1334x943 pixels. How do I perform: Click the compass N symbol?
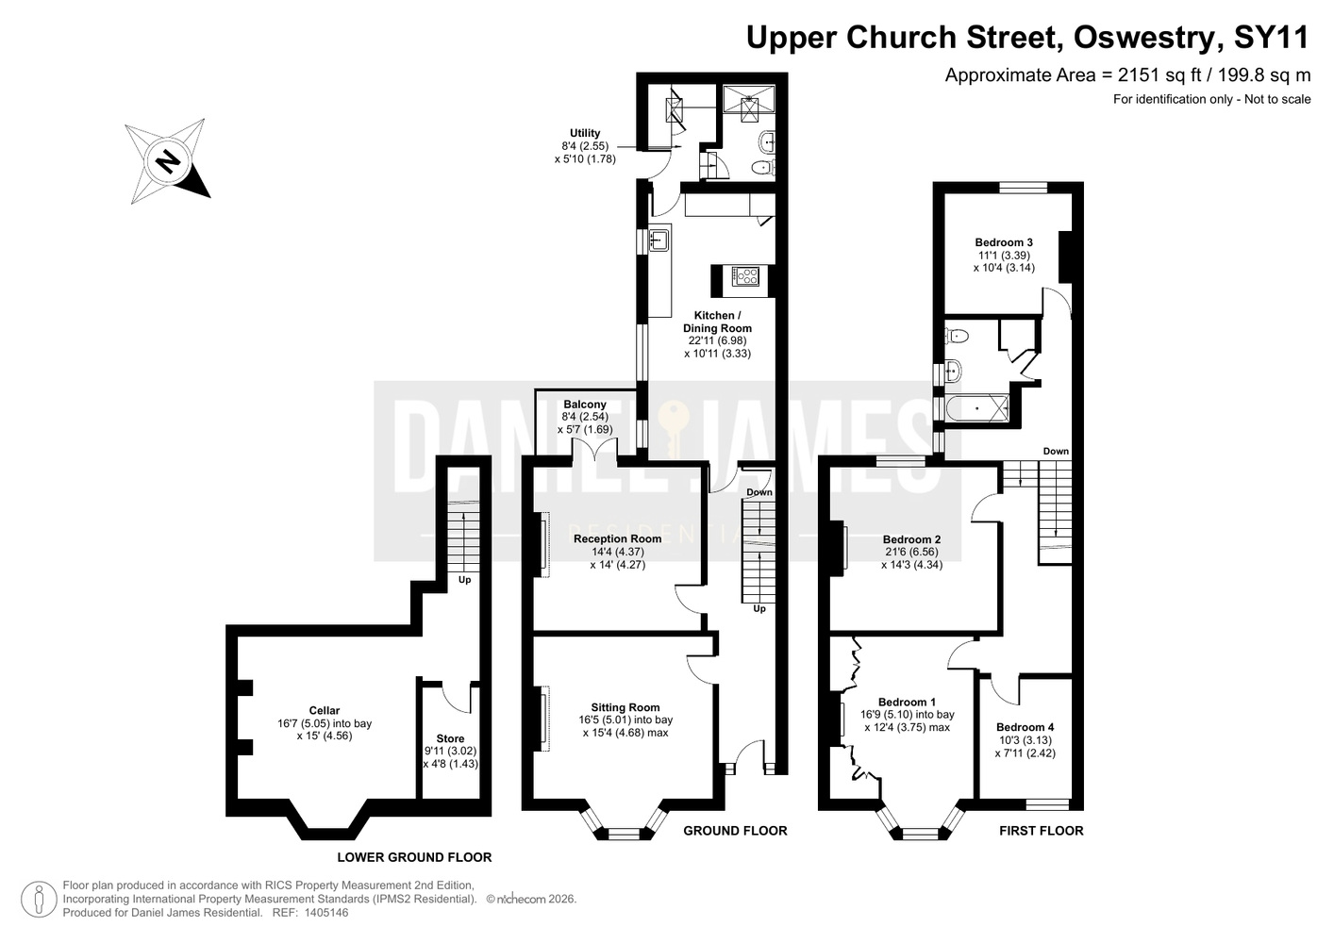coord(167,160)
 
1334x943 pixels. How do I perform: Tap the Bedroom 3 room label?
coord(1004,242)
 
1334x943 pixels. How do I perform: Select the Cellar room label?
coord(324,710)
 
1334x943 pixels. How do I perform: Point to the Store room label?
coord(450,738)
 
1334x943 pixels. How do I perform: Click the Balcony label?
coord(585,405)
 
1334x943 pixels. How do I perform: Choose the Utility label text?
coord(585,133)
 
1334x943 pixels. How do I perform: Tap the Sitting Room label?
coord(625,707)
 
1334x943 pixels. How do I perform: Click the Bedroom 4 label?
coord(1025,727)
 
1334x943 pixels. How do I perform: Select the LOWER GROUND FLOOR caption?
coord(414,857)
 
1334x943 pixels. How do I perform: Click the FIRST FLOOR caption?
coord(1041,831)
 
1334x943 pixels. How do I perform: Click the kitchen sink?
coord(659,240)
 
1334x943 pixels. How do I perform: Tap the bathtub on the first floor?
coord(976,408)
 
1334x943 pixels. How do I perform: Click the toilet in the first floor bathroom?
coord(956,336)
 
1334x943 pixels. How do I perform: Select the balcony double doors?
coord(594,450)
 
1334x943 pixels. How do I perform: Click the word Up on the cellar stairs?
coord(464,579)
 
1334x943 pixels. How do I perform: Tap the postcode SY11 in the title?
coord(1271,38)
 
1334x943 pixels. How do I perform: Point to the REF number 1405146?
coord(326,913)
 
